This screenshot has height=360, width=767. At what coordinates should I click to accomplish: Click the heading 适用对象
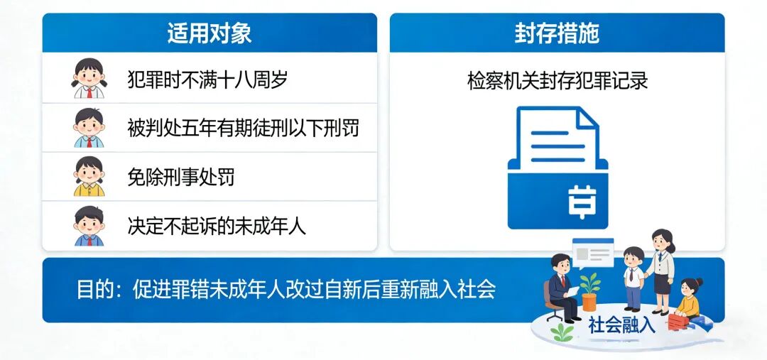click(x=210, y=33)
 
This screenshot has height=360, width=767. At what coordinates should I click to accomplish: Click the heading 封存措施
click(x=557, y=33)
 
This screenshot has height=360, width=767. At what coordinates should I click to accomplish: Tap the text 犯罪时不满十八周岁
click(x=207, y=80)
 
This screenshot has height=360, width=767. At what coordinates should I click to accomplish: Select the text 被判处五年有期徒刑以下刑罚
click(x=243, y=128)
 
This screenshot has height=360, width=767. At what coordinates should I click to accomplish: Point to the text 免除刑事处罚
click(x=181, y=177)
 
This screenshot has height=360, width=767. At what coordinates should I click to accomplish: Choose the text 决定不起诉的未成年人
click(x=217, y=226)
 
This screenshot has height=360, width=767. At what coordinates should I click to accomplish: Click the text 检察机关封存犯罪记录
click(x=557, y=81)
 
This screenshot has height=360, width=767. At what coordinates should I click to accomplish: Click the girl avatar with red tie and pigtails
click(x=89, y=78)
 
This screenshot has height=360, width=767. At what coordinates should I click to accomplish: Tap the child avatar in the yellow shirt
click(x=89, y=177)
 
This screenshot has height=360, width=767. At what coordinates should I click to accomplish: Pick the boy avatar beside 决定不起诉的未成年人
click(x=89, y=226)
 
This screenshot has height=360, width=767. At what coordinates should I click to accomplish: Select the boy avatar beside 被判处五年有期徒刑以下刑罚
click(x=89, y=128)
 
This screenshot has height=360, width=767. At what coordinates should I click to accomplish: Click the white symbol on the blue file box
click(x=582, y=201)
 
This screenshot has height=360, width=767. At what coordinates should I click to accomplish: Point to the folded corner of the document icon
click(x=589, y=117)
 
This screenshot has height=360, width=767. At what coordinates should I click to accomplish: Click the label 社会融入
click(x=621, y=325)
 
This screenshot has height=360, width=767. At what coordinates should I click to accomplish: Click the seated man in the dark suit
click(x=561, y=288)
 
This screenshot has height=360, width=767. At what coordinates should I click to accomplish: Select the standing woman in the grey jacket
click(x=661, y=271)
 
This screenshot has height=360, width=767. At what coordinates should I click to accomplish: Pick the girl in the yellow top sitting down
click(x=689, y=298)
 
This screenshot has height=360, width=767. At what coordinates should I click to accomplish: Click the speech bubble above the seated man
click(x=593, y=254)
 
